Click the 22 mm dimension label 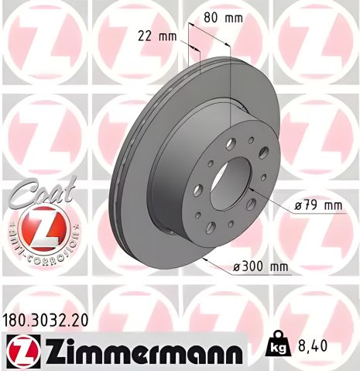156,35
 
